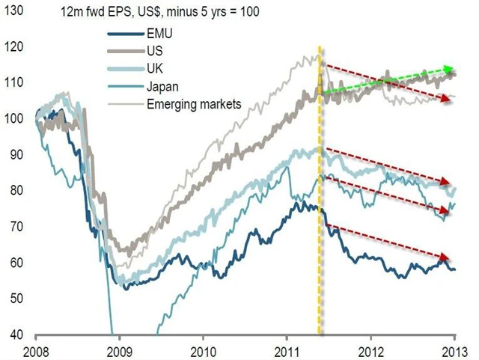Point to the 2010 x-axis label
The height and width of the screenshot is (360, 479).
(203, 350)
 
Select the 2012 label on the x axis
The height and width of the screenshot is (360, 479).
(371, 350)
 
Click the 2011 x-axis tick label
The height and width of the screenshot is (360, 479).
(287, 350)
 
